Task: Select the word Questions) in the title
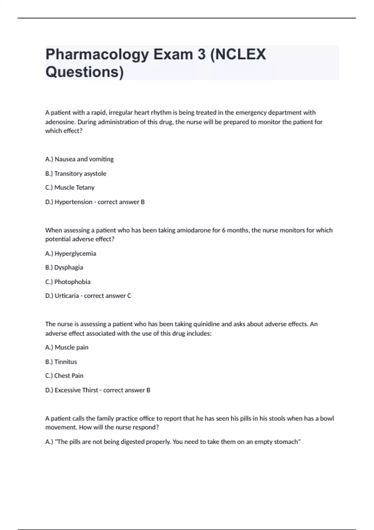(x=84, y=72)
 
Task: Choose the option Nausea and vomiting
(x=84, y=159)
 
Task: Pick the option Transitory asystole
(x=80, y=174)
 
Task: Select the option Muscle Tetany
(x=74, y=188)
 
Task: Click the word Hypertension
(x=73, y=202)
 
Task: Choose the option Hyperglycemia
(x=75, y=254)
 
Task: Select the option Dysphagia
(x=69, y=267)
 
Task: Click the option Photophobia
(x=72, y=282)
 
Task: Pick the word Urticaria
(x=67, y=296)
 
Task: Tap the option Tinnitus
(x=65, y=362)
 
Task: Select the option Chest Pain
(x=69, y=376)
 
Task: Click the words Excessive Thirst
(x=76, y=390)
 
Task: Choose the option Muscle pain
(x=71, y=348)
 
